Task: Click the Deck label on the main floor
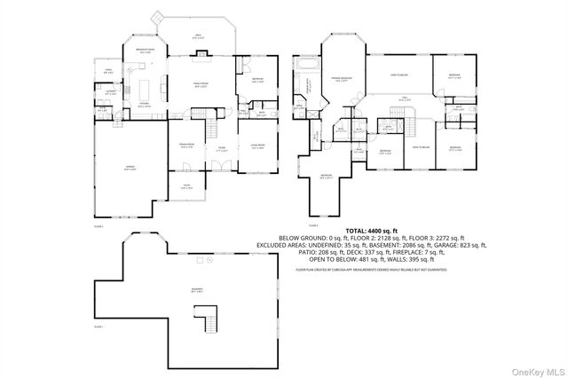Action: pyautogui.click(x=199, y=37)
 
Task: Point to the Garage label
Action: pyautogui.click(x=130, y=169)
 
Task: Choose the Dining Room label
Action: pyautogui.click(x=187, y=146)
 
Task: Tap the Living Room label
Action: pyautogui.click(x=257, y=146)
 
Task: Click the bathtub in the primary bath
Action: pyautogui.click(x=309, y=65)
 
